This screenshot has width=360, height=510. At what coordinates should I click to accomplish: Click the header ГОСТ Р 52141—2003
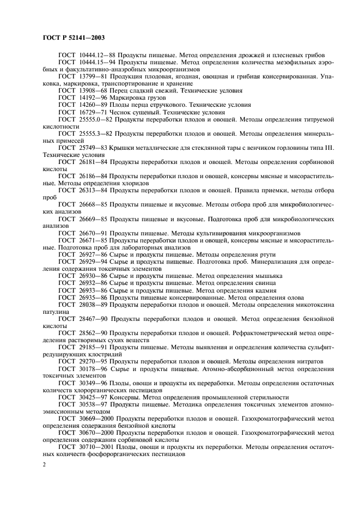[x=73, y=38]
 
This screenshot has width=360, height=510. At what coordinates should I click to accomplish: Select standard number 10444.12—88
[x=96, y=56]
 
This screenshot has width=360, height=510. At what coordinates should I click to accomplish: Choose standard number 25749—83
[x=93, y=148]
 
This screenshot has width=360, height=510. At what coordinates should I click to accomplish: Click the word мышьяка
[x=265, y=276]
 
